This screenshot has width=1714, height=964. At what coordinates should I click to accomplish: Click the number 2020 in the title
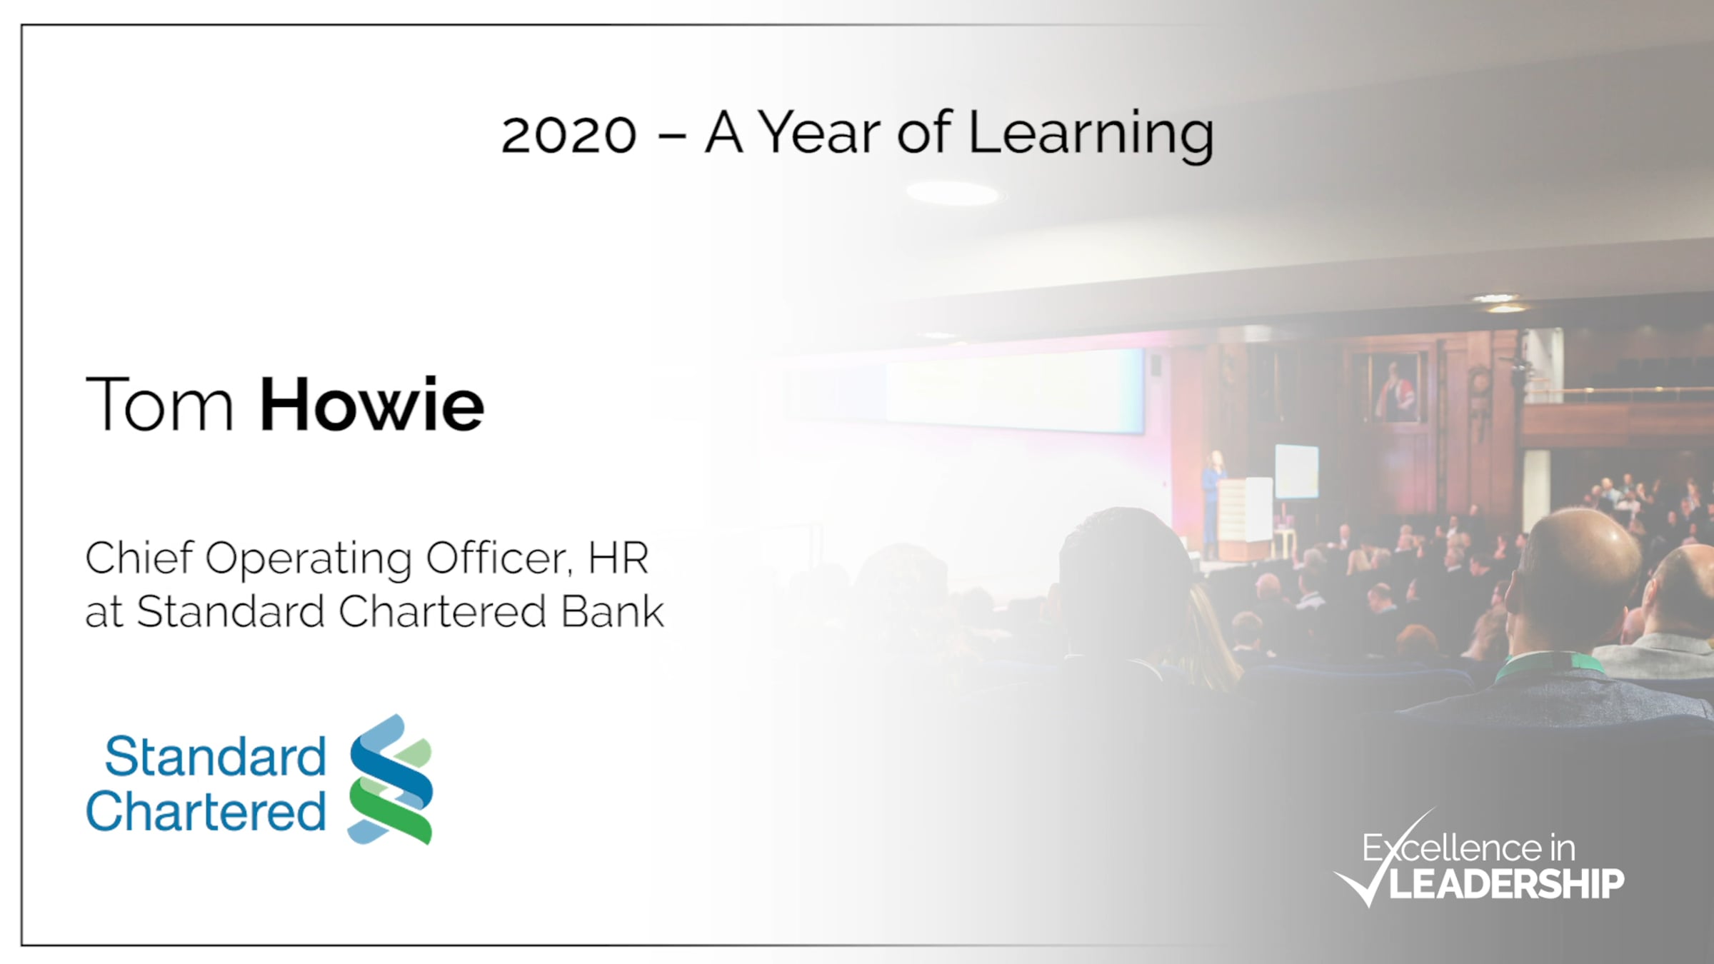tap(568, 135)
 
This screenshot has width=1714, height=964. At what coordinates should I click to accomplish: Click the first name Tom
tap(159, 404)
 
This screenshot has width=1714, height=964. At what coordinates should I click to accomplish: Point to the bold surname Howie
tap(371, 404)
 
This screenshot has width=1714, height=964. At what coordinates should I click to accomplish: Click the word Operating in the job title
tap(309, 560)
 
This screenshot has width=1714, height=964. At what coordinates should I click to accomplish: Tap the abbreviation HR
tap(618, 558)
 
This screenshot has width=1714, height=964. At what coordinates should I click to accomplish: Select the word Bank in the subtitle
tap(612, 612)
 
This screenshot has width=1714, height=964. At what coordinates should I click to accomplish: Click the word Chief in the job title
tap(139, 557)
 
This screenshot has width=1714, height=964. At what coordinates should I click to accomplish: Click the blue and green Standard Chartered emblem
tap(391, 780)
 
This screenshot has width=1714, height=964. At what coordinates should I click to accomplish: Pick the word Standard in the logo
tap(216, 756)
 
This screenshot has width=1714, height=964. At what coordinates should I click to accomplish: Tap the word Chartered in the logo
tap(206, 811)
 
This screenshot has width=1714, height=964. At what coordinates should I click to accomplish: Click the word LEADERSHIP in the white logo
tap(1506, 884)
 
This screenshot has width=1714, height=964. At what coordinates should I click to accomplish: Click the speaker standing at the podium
tap(1212, 503)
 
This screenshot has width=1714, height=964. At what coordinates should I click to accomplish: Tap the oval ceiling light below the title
tap(953, 193)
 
